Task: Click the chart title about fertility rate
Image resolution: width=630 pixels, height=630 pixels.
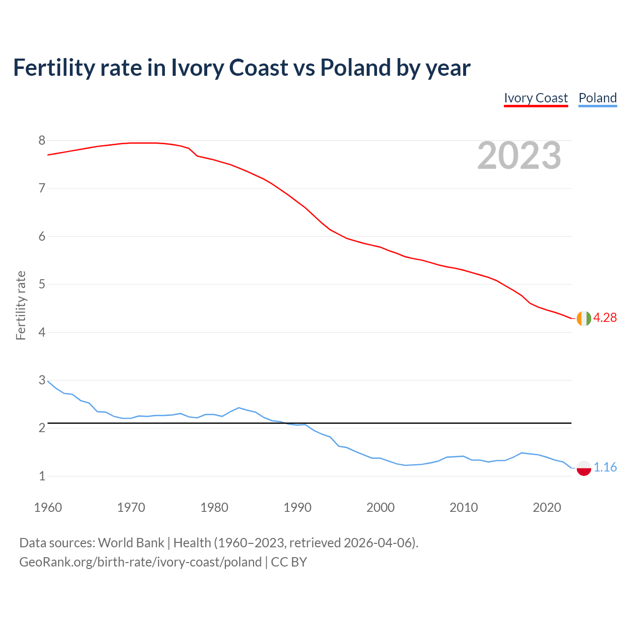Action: (x=241, y=68)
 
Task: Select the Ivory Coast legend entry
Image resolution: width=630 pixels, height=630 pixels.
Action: (x=535, y=98)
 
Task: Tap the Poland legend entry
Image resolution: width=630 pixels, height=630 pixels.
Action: (x=598, y=98)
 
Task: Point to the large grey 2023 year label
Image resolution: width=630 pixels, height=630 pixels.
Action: (x=519, y=156)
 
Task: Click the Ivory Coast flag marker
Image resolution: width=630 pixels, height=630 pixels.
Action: (x=583, y=318)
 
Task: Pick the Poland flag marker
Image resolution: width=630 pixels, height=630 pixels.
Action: (x=583, y=468)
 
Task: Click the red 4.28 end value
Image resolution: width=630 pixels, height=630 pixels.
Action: (x=605, y=318)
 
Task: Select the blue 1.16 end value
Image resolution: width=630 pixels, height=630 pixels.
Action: (x=605, y=468)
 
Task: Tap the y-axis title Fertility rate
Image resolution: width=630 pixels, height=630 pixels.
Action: (x=21, y=305)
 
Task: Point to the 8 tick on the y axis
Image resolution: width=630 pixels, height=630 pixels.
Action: (x=42, y=141)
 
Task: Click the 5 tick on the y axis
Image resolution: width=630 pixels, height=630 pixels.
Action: (x=42, y=284)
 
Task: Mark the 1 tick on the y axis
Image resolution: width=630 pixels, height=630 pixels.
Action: (x=42, y=476)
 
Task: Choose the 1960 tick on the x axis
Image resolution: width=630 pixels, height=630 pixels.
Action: (x=48, y=507)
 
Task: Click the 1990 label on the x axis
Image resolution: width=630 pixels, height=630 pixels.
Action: (x=297, y=507)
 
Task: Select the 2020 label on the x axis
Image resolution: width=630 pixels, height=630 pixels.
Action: (x=547, y=507)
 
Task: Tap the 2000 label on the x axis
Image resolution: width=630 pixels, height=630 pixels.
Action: (x=380, y=507)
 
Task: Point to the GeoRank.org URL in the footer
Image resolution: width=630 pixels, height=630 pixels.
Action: (x=140, y=562)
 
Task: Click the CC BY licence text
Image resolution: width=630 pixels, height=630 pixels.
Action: (x=289, y=562)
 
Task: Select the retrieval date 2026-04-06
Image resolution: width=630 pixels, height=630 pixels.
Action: (x=378, y=543)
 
